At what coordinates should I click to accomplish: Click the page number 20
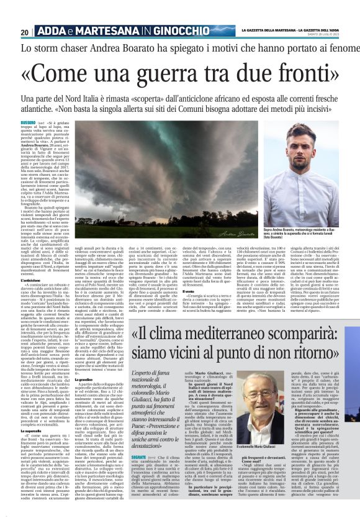point(24,32)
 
